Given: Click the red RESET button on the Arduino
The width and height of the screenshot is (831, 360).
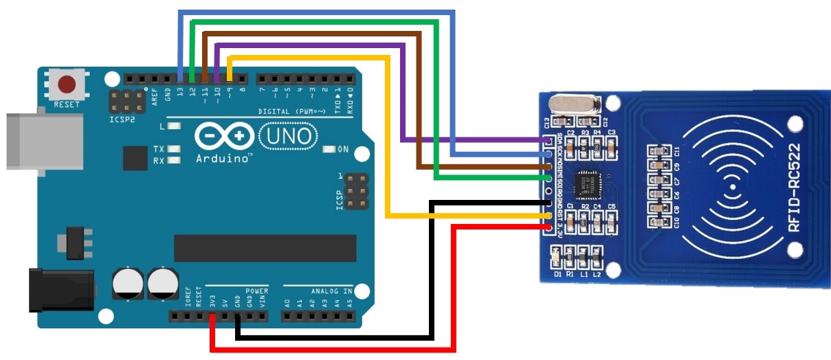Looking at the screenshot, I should tap(67, 85).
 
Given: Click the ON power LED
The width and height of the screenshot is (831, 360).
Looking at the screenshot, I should tap(329, 149).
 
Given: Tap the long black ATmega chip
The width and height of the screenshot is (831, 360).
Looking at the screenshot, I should tap(265, 248).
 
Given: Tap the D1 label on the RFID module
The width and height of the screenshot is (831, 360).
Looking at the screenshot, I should tap(557, 274).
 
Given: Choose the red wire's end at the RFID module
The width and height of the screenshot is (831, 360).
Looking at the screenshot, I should tap(548, 226).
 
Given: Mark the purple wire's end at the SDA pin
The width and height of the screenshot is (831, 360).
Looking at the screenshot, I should tap(548, 141).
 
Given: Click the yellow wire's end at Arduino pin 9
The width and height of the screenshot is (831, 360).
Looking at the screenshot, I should tap(230, 77).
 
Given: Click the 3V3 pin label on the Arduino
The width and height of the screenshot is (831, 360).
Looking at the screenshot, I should tap(212, 302).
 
